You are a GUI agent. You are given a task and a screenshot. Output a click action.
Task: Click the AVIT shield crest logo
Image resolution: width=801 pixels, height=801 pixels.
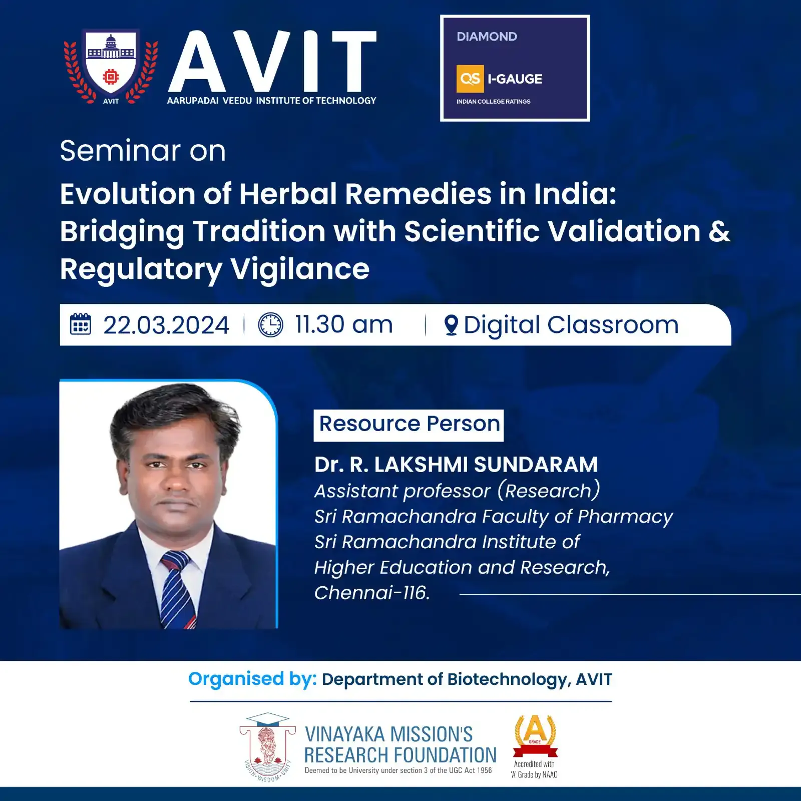click(x=111, y=67)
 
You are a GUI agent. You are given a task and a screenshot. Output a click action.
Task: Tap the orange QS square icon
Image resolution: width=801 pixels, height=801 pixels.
click(x=470, y=79)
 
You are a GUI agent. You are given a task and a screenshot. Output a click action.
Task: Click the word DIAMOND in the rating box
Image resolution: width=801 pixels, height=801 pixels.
click(x=487, y=37)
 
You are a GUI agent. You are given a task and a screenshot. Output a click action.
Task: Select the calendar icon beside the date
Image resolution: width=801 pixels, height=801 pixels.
click(x=80, y=324)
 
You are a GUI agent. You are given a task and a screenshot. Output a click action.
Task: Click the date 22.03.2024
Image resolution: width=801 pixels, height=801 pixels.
click(x=166, y=325)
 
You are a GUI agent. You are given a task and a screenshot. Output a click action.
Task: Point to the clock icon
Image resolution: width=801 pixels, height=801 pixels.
click(x=270, y=324)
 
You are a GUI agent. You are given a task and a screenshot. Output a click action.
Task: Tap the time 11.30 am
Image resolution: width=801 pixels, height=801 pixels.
click(x=343, y=324)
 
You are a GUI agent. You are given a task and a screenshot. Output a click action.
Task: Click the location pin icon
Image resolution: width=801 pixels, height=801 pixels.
click(x=451, y=325)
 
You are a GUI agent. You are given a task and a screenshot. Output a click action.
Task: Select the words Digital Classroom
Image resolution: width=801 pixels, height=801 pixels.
click(x=571, y=325)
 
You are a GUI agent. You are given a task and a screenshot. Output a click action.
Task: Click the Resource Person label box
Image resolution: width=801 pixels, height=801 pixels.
click(x=409, y=425)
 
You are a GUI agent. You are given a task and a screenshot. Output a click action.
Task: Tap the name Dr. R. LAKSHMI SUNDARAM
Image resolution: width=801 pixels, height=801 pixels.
click(x=456, y=465)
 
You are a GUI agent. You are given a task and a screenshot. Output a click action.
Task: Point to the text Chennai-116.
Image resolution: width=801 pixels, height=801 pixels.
click(x=372, y=593)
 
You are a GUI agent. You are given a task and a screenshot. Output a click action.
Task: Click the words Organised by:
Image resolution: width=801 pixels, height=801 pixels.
click(x=252, y=679)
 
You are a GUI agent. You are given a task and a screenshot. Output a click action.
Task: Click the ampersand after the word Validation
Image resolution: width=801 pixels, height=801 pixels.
click(x=719, y=231)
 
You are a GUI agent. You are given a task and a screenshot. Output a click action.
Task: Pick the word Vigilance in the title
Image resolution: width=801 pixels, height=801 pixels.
click(x=300, y=270)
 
